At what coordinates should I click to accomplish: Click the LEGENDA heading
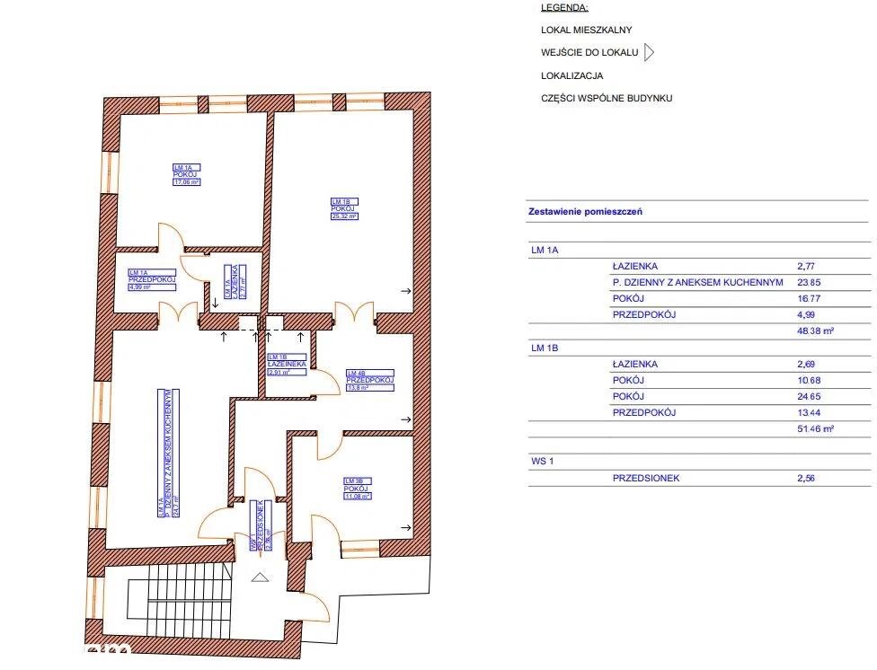click(564, 7)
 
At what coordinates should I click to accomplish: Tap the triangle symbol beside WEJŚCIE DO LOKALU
click(649, 53)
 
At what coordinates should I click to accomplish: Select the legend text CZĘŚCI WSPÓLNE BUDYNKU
click(606, 99)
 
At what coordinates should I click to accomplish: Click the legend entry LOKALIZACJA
click(571, 76)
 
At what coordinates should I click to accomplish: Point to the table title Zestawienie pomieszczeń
click(584, 213)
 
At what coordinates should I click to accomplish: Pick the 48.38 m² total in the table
click(816, 331)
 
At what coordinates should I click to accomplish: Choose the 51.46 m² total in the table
click(816, 429)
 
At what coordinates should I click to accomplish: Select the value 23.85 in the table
click(811, 282)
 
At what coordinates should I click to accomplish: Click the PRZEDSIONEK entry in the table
click(645, 479)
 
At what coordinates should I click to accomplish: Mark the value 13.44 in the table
click(811, 413)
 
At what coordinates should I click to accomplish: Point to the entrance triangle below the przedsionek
click(260, 577)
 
